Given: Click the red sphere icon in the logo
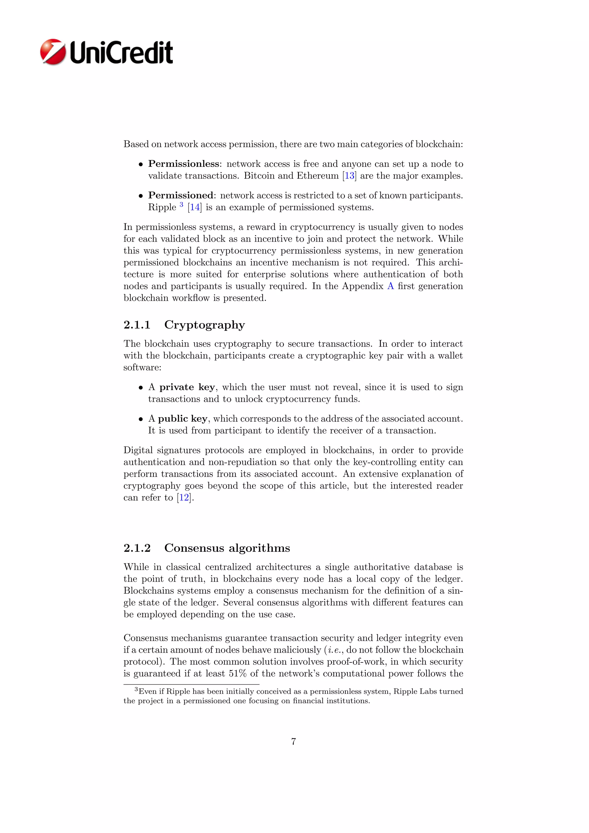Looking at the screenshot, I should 53,52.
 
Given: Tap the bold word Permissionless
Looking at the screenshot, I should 183,164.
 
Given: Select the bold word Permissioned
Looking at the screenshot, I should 181,196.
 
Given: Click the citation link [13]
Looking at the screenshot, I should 349,176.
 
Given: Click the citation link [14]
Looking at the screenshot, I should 195,207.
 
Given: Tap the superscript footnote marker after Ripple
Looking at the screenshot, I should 181,205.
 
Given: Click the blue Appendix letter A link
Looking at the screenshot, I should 390,286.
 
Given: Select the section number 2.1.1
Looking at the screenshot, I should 137,325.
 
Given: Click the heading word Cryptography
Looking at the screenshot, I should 204,325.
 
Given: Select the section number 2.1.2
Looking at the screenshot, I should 137,548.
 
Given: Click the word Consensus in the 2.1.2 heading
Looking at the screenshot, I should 194,548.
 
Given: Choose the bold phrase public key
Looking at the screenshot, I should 182,419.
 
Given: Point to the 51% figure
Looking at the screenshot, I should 238,674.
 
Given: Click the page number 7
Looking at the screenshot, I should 293,742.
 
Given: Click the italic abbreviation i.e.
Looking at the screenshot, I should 334,650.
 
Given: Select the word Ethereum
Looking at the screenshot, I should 317,176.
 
